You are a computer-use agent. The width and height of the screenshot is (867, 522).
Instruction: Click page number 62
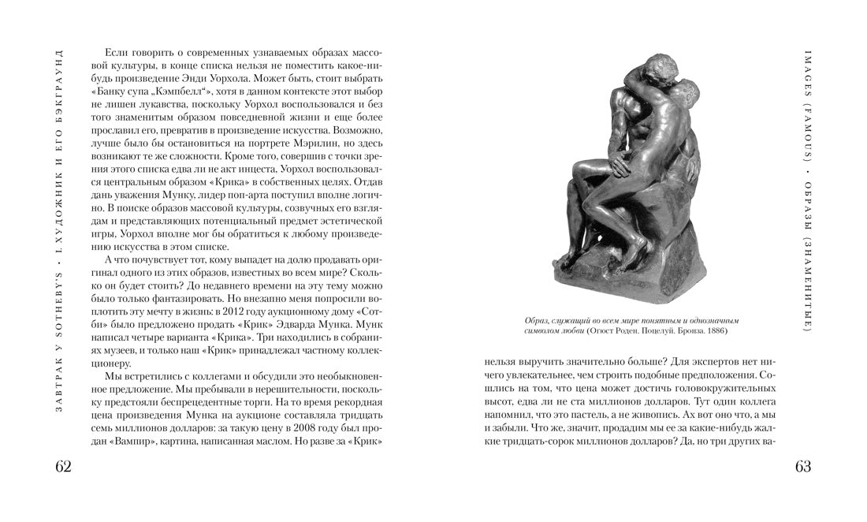coord(64,466)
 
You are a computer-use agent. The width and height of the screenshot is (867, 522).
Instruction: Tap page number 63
coord(803,466)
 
